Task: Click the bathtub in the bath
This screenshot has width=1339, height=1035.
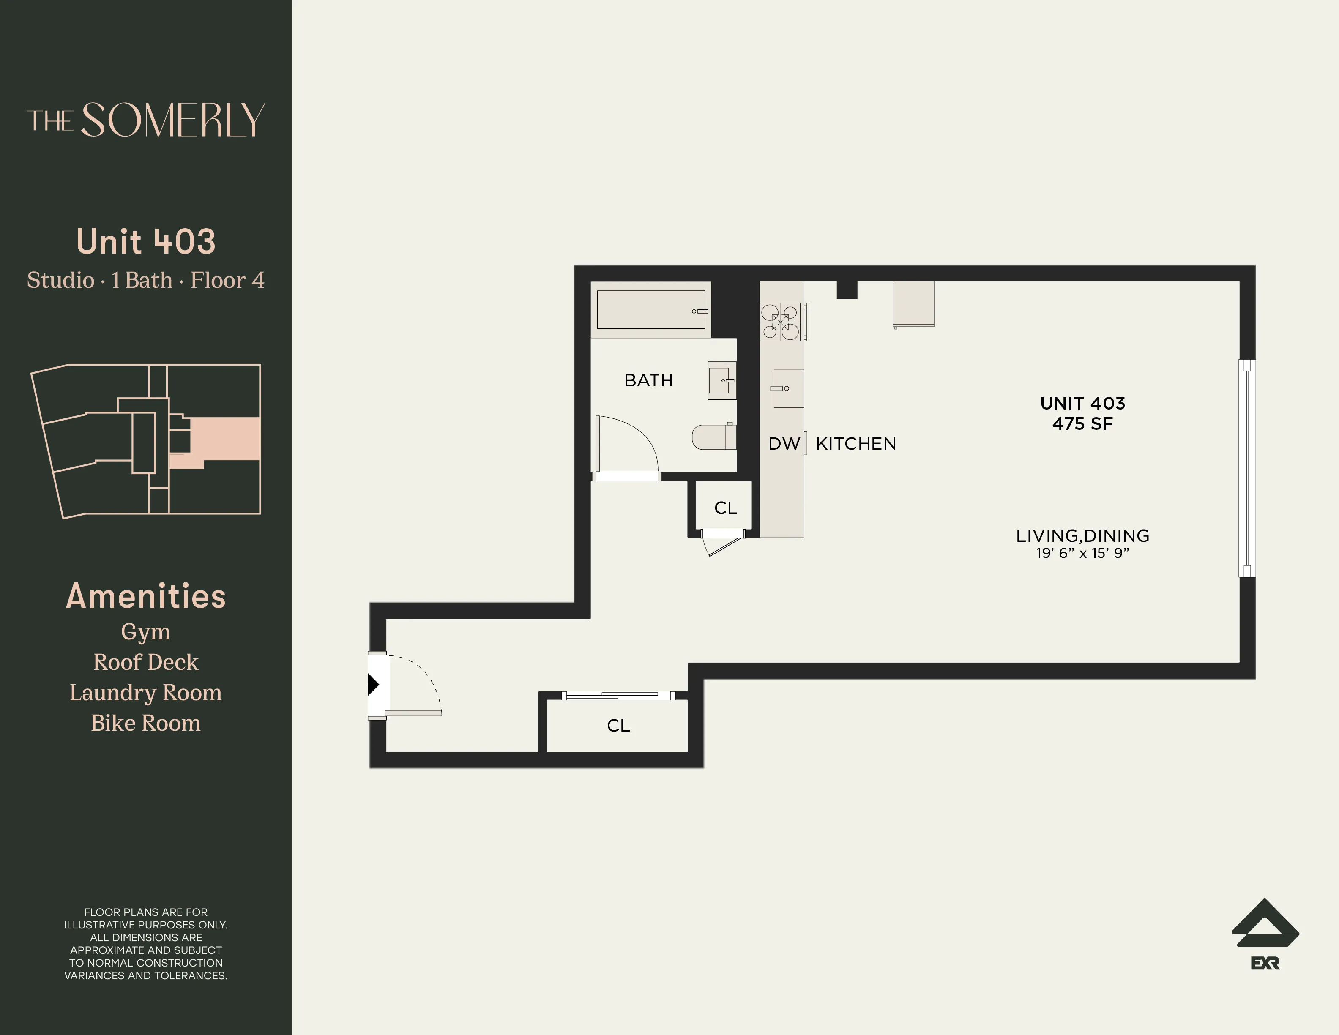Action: point(650,310)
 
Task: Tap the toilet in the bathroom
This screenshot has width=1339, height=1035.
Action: point(713,437)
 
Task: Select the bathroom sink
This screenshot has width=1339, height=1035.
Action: point(721,380)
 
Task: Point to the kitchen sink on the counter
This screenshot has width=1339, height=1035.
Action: point(788,388)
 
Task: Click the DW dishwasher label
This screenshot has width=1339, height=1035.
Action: point(784,444)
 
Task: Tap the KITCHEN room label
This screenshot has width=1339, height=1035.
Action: point(856,444)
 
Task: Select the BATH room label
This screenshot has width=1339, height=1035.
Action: point(648,381)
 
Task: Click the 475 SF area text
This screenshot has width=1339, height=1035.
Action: point(1082,424)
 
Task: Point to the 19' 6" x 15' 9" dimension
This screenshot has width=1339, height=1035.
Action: point(1082,553)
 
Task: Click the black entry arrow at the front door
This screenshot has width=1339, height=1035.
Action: point(373,684)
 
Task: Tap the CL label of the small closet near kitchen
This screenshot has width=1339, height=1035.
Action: point(725,508)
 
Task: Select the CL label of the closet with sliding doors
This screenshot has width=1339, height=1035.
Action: point(618,726)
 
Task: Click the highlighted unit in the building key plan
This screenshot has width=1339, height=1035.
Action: point(224,439)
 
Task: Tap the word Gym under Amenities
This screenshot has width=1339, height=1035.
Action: point(145,631)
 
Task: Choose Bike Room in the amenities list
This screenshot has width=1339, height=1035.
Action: point(145,724)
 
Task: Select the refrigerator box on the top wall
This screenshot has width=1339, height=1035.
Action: point(913,303)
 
